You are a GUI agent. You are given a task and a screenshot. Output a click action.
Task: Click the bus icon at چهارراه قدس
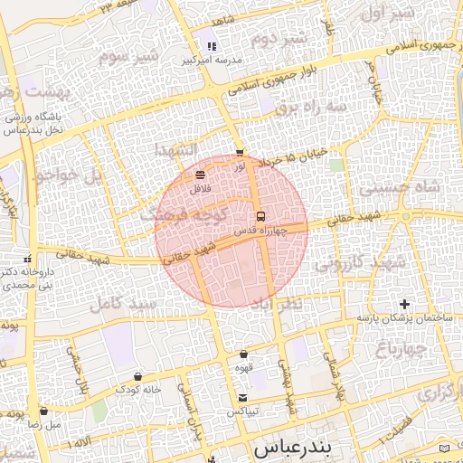(x=260, y=216)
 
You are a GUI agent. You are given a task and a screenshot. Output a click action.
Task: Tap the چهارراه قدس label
(x=260, y=231)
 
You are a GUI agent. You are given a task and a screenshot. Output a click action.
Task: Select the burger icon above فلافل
(x=200, y=175)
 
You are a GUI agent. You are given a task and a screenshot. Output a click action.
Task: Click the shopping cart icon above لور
(x=239, y=153)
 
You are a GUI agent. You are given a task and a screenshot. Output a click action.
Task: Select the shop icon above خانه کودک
(x=137, y=376)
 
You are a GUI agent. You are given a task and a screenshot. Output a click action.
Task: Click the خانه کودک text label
(x=137, y=390)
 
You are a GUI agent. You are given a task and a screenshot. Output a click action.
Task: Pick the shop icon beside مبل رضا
(x=43, y=411)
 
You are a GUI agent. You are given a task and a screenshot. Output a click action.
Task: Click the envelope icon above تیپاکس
(x=241, y=399)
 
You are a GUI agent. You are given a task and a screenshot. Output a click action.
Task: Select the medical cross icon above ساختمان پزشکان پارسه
(x=404, y=304)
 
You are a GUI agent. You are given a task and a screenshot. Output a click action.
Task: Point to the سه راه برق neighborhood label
(x=311, y=107)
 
